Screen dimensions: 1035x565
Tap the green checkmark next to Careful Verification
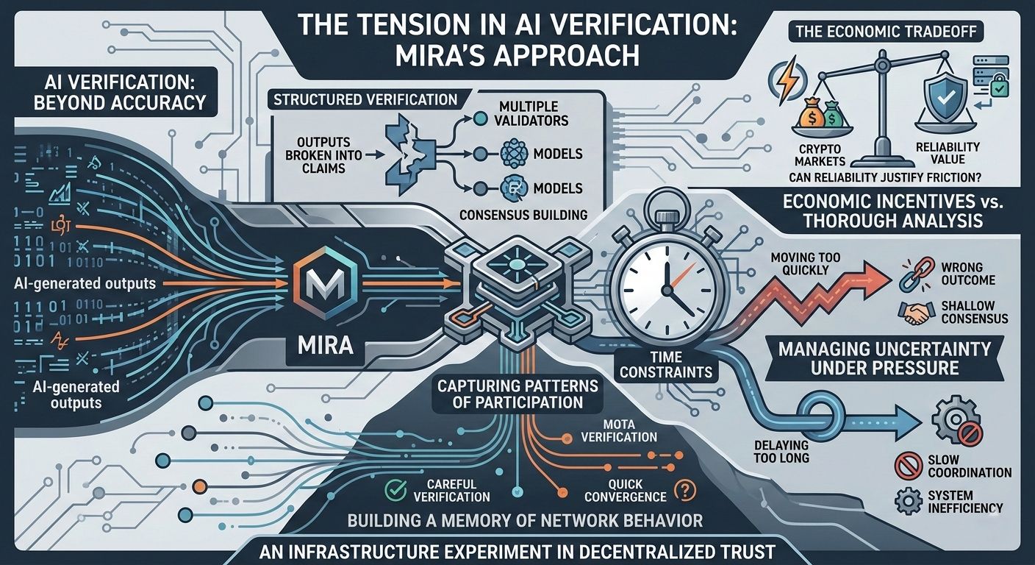tap(396, 488)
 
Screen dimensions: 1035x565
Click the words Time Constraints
tap(666, 364)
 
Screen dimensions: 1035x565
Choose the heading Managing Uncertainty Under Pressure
tap(885, 358)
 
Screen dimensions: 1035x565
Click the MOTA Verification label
tap(619, 430)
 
